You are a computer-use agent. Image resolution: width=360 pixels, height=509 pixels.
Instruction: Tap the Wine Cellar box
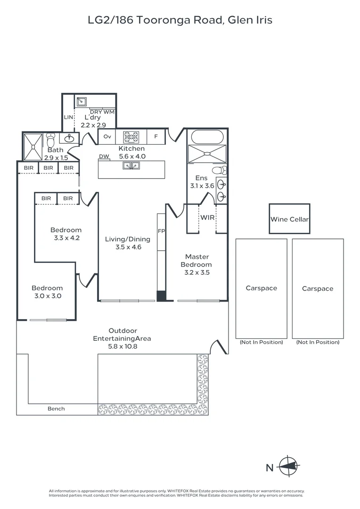289,219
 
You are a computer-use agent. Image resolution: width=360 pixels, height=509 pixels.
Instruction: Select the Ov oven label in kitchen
107,137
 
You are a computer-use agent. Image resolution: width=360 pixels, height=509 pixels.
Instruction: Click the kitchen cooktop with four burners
131,137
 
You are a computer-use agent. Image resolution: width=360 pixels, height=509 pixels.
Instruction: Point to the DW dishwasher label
104,156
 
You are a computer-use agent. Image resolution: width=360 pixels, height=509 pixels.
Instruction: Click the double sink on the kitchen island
131,165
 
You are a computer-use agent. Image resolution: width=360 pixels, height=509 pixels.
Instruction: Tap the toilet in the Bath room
52,140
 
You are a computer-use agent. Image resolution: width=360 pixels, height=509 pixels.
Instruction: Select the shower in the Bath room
33,147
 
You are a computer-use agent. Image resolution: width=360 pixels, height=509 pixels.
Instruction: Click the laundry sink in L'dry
82,101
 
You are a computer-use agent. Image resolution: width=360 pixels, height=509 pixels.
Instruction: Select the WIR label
207,218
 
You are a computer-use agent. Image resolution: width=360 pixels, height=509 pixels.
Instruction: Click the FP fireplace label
161,231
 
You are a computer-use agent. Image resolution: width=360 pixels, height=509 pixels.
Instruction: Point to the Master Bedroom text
196,261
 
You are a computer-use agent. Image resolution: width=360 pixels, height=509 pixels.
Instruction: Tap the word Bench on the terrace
56,409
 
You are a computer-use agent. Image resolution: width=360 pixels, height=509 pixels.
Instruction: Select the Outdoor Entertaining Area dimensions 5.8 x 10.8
123,346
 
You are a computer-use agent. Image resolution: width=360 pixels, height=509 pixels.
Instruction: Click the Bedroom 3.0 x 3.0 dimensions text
47,296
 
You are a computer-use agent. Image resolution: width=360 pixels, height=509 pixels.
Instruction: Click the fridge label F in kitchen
155,137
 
